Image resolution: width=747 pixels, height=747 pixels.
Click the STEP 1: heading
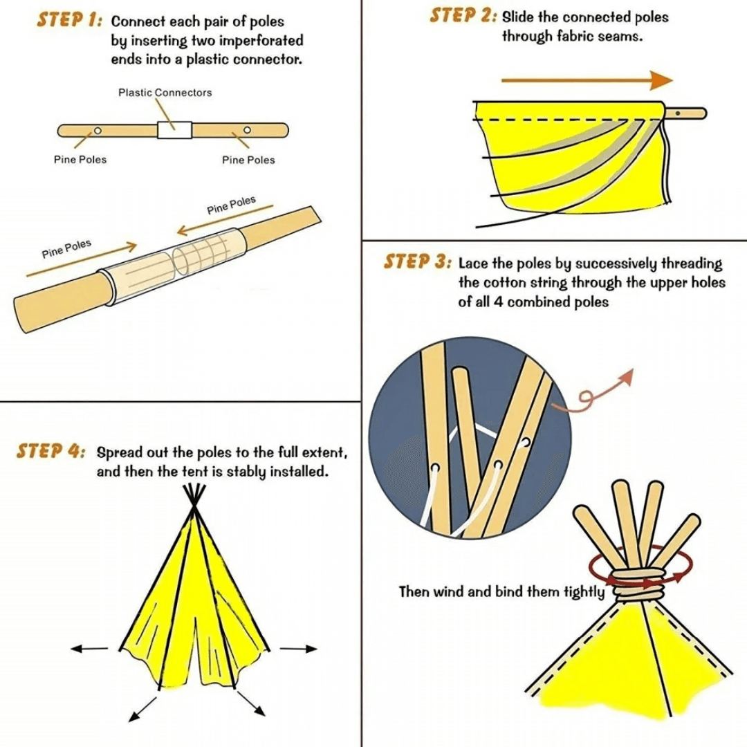point(70,20)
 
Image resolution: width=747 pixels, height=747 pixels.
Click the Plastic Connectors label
point(165,93)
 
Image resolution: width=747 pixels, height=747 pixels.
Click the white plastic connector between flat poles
point(174,129)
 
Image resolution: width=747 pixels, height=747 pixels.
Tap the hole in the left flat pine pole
point(98,130)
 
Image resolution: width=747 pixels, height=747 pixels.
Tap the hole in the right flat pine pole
point(247,130)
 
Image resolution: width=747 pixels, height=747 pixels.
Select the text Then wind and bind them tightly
point(501,592)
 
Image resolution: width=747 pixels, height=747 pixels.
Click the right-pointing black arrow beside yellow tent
point(299,649)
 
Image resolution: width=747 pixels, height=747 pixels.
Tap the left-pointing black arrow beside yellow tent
point(90,649)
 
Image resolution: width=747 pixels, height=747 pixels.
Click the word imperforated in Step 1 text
point(259,41)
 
